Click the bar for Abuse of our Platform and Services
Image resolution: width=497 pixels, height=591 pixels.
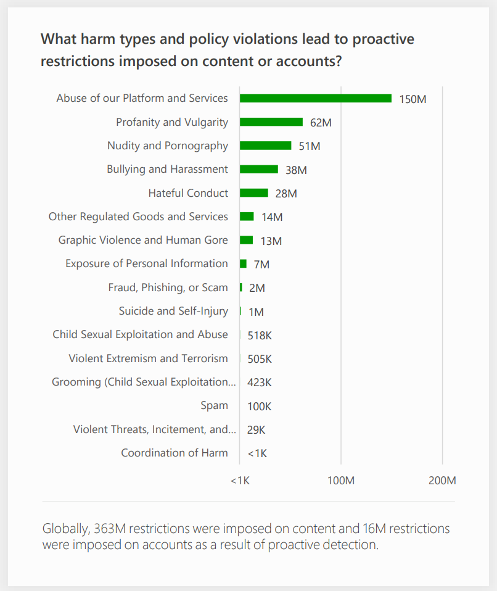point(315,98)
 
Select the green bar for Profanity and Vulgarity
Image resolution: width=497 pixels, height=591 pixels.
point(271,122)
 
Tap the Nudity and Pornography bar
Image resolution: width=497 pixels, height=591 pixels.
point(265,146)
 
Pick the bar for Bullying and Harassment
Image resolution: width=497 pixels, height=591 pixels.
point(258,169)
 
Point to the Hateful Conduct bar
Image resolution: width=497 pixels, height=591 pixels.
point(253,193)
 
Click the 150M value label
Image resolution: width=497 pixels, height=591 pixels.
point(413,99)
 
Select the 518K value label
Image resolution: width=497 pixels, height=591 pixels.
point(260,336)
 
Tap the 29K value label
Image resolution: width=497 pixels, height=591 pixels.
point(256,430)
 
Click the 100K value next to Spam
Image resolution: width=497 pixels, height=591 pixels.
point(259,407)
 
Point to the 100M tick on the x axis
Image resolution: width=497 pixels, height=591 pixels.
point(341,481)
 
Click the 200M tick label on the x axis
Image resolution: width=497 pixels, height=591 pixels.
point(442,481)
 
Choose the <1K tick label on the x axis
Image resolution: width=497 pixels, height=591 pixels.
point(240,481)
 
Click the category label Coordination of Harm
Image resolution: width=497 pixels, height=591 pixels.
point(175,453)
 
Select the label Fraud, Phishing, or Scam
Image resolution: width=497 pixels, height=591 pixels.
point(168,287)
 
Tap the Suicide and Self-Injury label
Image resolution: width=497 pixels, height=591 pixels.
point(173,311)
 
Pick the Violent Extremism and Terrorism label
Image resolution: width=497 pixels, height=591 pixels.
point(148,358)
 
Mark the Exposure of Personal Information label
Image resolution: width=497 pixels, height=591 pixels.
point(147,263)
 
